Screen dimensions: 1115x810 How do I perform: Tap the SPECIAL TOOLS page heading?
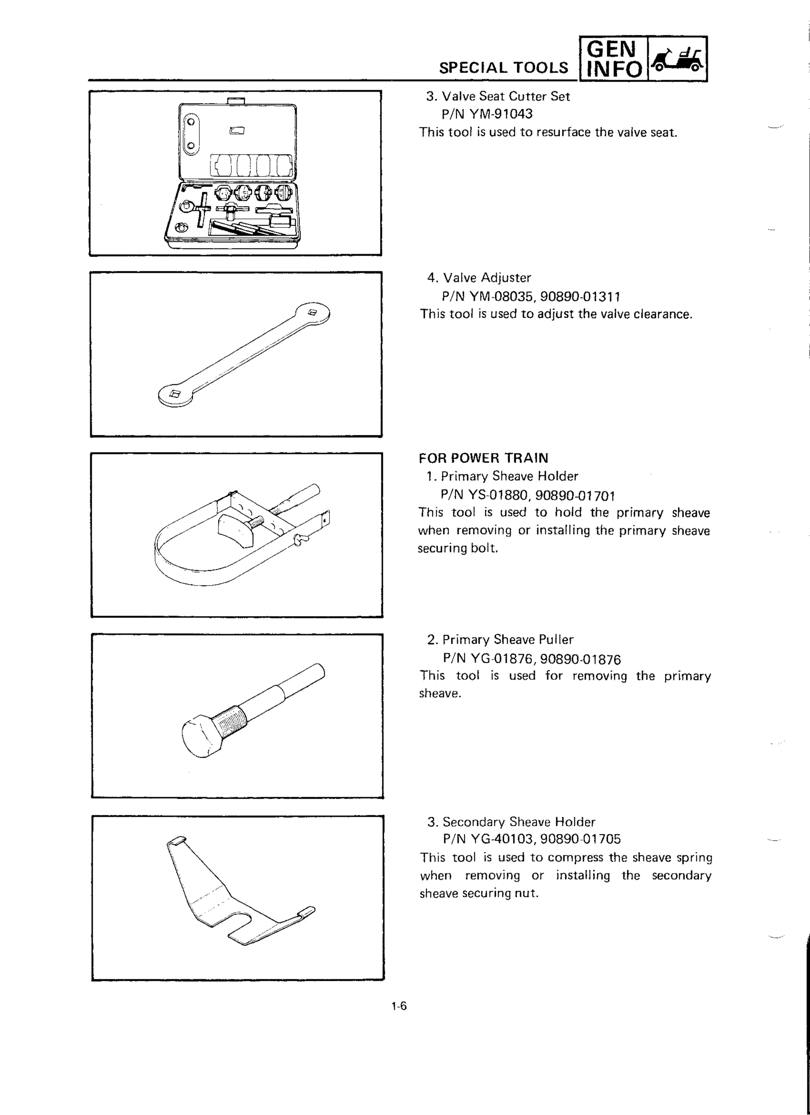(503, 68)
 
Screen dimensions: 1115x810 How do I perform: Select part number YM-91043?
(500, 114)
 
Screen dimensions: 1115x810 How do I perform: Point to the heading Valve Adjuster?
(486, 278)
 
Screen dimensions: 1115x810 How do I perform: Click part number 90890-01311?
(579, 297)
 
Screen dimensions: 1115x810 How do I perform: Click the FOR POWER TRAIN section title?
(483, 458)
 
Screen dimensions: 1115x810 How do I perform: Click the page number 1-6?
(399, 1006)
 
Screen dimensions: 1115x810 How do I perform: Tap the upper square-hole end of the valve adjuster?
(313, 313)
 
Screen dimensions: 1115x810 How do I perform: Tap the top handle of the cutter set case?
(236, 101)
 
